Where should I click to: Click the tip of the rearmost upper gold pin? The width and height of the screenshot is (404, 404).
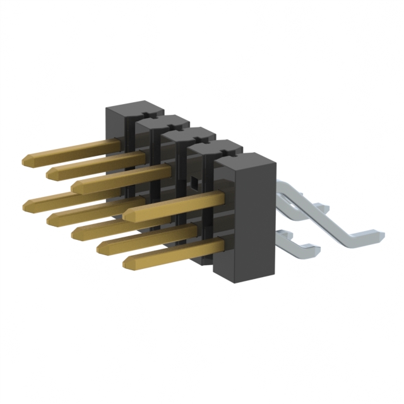click(27, 158)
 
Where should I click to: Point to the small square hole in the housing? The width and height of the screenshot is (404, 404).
click(196, 184)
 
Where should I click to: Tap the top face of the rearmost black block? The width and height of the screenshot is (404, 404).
click(134, 105)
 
